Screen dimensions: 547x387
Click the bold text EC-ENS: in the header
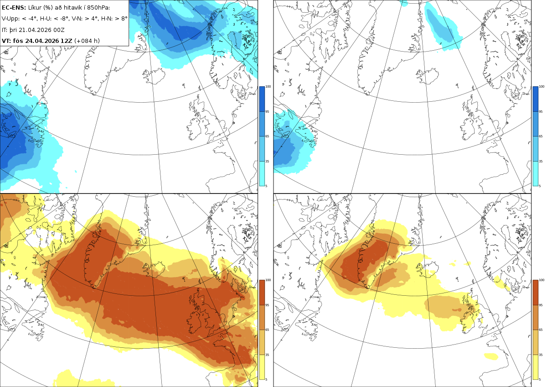click(14, 8)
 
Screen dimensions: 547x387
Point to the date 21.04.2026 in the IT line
click(36, 30)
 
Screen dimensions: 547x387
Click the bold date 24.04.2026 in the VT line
click(42, 41)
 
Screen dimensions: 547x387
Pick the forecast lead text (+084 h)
click(87, 41)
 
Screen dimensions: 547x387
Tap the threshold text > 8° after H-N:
click(121, 19)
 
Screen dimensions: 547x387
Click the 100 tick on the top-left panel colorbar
click(268, 87)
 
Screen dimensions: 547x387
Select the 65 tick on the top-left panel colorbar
click(267, 136)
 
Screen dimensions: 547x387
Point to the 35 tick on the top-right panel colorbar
click(541, 162)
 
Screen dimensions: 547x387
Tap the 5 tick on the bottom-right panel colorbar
click(540, 379)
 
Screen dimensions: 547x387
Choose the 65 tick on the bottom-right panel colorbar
click(541, 330)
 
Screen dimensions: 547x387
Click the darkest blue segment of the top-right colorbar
click(535, 99)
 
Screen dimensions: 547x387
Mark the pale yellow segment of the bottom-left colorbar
click(262, 367)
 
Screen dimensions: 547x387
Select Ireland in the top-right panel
click(469, 128)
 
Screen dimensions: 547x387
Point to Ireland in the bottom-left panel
click(195, 321)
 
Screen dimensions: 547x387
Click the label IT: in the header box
click(5, 30)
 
